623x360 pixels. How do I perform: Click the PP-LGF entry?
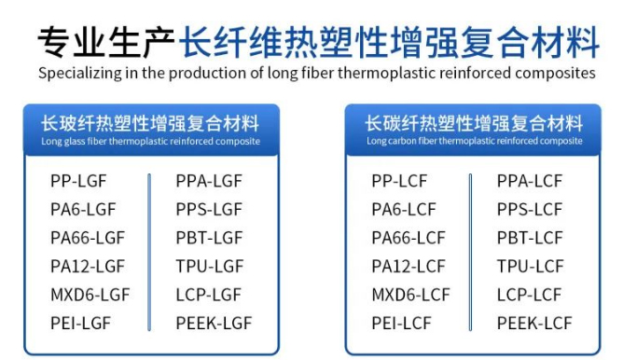78,181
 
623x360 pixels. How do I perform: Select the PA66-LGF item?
88,238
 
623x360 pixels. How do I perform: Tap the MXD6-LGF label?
90,295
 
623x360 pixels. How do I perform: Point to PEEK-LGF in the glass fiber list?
214,323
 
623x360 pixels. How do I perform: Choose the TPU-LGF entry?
210,266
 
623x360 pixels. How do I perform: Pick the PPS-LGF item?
209,210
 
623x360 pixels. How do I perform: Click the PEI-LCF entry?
401,323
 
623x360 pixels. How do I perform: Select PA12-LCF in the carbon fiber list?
408,266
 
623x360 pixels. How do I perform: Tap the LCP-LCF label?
529,295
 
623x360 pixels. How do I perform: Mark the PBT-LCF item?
530,238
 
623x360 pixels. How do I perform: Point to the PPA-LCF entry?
530,181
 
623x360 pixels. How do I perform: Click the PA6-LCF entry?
404,210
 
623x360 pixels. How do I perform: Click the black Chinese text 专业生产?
106,41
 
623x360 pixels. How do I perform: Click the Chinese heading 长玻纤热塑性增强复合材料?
150,123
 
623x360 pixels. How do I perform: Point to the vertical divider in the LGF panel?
149,252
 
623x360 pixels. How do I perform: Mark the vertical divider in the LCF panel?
470,252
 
